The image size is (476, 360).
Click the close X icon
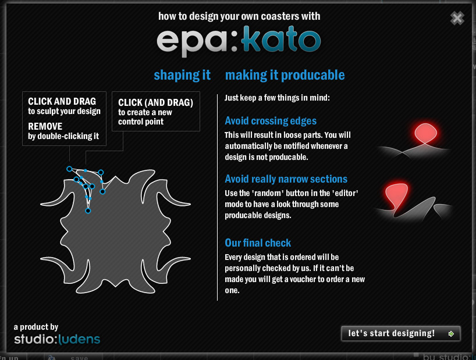(x=457, y=18)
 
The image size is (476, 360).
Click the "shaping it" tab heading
(x=182, y=75)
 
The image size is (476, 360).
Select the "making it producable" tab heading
(x=285, y=75)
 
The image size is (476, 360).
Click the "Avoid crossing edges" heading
(x=271, y=121)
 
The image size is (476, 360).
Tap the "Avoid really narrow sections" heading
(x=286, y=179)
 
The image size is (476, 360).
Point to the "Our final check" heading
(x=258, y=243)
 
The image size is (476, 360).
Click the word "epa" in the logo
(x=192, y=42)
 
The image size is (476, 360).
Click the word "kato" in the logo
(x=281, y=40)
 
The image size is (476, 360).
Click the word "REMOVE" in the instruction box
(x=45, y=126)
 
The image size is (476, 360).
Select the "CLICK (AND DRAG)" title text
(x=155, y=102)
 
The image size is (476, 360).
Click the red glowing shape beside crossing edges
(x=425, y=133)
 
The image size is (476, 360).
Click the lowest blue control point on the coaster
(x=88, y=211)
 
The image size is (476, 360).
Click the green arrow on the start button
(x=452, y=334)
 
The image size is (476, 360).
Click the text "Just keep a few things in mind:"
(x=277, y=98)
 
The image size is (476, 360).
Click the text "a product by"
(x=36, y=327)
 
